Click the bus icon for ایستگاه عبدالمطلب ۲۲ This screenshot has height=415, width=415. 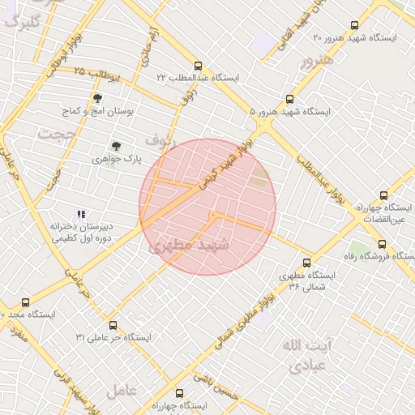[x=199, y=66]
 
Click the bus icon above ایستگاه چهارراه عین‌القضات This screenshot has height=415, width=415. [x=383, y=195]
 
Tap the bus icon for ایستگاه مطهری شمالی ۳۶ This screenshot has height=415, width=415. [x=306, y=263]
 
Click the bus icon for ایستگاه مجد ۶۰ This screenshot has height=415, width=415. [x=25, y=302]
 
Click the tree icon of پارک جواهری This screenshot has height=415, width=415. [x=117, y=147]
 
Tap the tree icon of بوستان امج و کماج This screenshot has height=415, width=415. [x=97, y=98]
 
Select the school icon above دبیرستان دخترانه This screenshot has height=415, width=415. [x=80, y=215]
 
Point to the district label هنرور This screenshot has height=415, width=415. [x=316, y=61]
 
